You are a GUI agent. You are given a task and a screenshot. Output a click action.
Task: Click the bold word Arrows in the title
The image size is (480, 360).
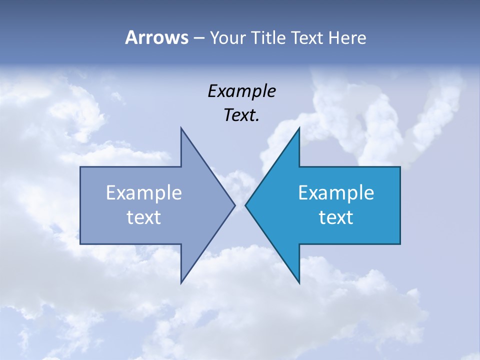coord(156,37)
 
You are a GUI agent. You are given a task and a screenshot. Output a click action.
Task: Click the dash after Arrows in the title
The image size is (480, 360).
coord(198,38)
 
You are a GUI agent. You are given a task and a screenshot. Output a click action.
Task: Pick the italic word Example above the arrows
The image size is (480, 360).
coord(242,91)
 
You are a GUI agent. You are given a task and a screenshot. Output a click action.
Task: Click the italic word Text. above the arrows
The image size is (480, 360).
coord(242,115)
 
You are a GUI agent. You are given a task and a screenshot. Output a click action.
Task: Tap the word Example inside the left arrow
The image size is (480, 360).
coord(144,193)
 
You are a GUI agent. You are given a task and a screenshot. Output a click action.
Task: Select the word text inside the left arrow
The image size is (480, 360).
coord(144,217)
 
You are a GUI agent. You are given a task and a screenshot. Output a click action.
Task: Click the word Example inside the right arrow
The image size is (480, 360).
coord(336,193)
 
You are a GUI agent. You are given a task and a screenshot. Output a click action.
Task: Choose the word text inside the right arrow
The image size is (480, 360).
coord(336,217)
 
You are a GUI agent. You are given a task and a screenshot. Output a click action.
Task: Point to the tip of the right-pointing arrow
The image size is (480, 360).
coord(234,205)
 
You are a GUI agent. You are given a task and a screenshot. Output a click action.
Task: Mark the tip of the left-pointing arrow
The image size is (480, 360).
coord(245,205)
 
